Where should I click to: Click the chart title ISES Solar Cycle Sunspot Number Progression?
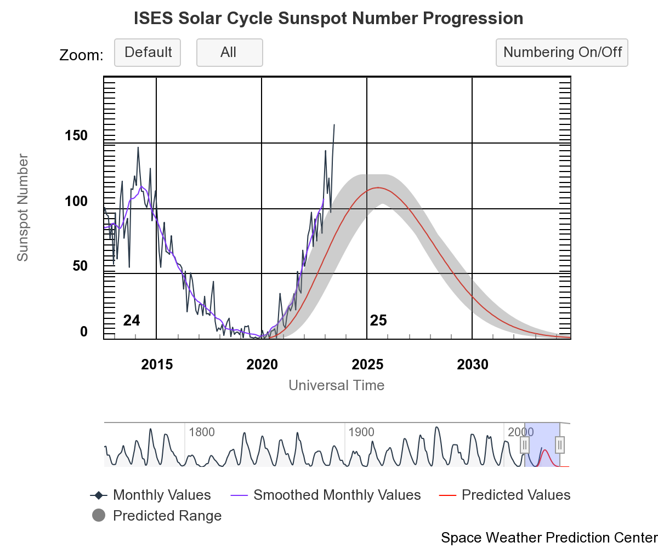tap(328, 19)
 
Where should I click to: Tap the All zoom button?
tap(229, 53)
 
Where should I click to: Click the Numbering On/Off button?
tap(562, 53)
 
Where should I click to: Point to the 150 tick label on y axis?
tap(76, 136)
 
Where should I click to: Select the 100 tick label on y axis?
tap(76, 201)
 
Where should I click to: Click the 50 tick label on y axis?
tap(80, 266)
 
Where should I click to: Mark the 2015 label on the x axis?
tap(157, 365)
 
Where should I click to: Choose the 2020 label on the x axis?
tap(262, 365)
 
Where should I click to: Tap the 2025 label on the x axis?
tap(367, 365)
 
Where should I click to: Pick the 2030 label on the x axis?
tap(472, 365)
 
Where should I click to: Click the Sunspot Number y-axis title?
tap(22, 208)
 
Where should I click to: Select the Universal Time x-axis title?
tap(336, 385)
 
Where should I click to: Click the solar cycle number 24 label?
tap(132, 321)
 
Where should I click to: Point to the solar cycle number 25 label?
tap(378, 321)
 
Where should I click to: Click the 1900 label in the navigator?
tap(361, 432)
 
